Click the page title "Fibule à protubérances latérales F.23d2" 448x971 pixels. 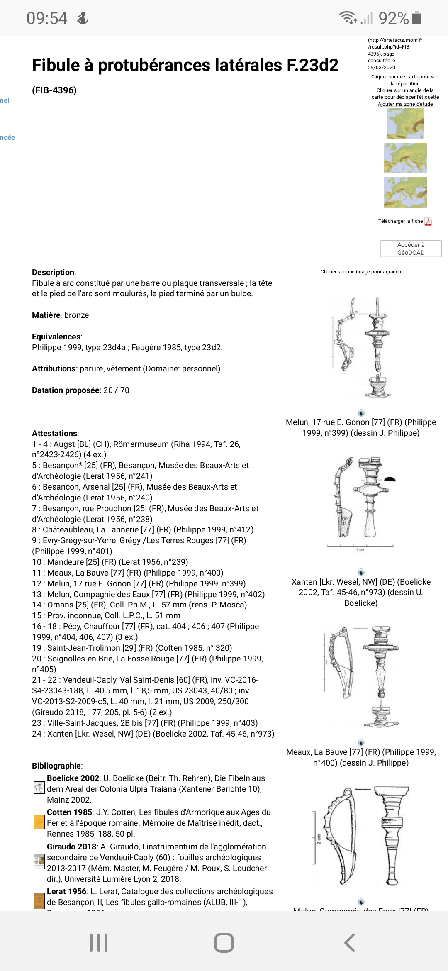pos(185,65)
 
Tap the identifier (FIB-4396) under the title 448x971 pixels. pos(54,90)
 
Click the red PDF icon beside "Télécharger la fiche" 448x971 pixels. pos(428,222)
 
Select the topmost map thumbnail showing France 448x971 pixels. pos(405,124)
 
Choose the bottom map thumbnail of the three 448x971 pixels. pos(405,193)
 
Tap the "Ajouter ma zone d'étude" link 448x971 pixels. pos(405,104)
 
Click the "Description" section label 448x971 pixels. pos(54,272)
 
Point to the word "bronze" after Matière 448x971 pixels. pos(76,315)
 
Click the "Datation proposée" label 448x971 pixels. pos(66,390)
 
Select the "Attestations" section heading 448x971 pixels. pos(55,433)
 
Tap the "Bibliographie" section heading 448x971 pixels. pos(56,766)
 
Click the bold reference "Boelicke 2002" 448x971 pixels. pos(73,778)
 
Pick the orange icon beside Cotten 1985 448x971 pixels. pos(39,822)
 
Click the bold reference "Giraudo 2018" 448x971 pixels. pos(71,847)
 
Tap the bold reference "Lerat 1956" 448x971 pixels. pos(66,891)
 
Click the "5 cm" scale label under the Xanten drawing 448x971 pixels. pos(360,550)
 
